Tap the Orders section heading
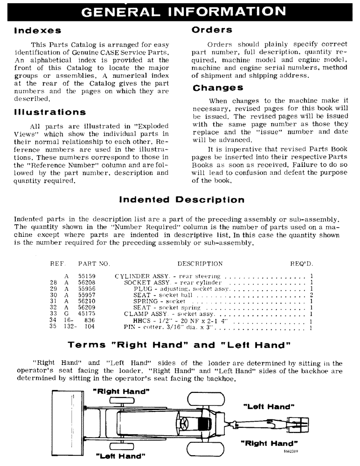pos(212,30)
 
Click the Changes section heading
pos(217,88)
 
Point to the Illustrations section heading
pos(50,112)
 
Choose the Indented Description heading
pos(182,200)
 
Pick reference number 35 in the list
pos(54,327)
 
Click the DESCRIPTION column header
pos(200,264)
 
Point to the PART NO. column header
pos(94,264)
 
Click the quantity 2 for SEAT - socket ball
pos(311,295)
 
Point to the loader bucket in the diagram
pos(68,420)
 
